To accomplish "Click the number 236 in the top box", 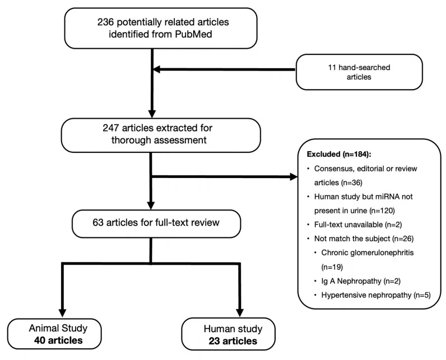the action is click(x=105, y=22).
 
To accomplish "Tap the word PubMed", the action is click(x=193, y=34).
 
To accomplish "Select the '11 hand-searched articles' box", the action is click(x=359, y=72).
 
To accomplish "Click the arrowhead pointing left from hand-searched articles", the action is click(x=157, y=69).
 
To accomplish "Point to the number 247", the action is click(x=110, y=128).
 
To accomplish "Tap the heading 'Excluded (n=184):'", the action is click(x=339, y=154).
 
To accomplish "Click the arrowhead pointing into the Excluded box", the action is click(x=294, y=177).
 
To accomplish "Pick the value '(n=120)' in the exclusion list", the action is click(x=382, y=211).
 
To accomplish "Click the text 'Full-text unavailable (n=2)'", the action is click(x=358, y=225).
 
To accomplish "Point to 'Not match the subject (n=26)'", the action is click(x=364, y=239).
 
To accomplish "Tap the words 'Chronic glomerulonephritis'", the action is click(x=368, y=253).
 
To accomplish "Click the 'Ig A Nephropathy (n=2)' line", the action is click(x=361, y=281).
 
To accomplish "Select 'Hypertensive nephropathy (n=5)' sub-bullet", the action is click(x=376, y=295).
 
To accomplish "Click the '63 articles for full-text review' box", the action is click(x=156, y=223).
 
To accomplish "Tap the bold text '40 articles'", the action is click(x=58, y=340).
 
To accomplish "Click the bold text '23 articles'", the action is click(x=233, y=340).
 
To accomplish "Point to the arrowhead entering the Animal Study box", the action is click(x=62, y=313).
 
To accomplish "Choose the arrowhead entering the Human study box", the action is click(x=240, y=312).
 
